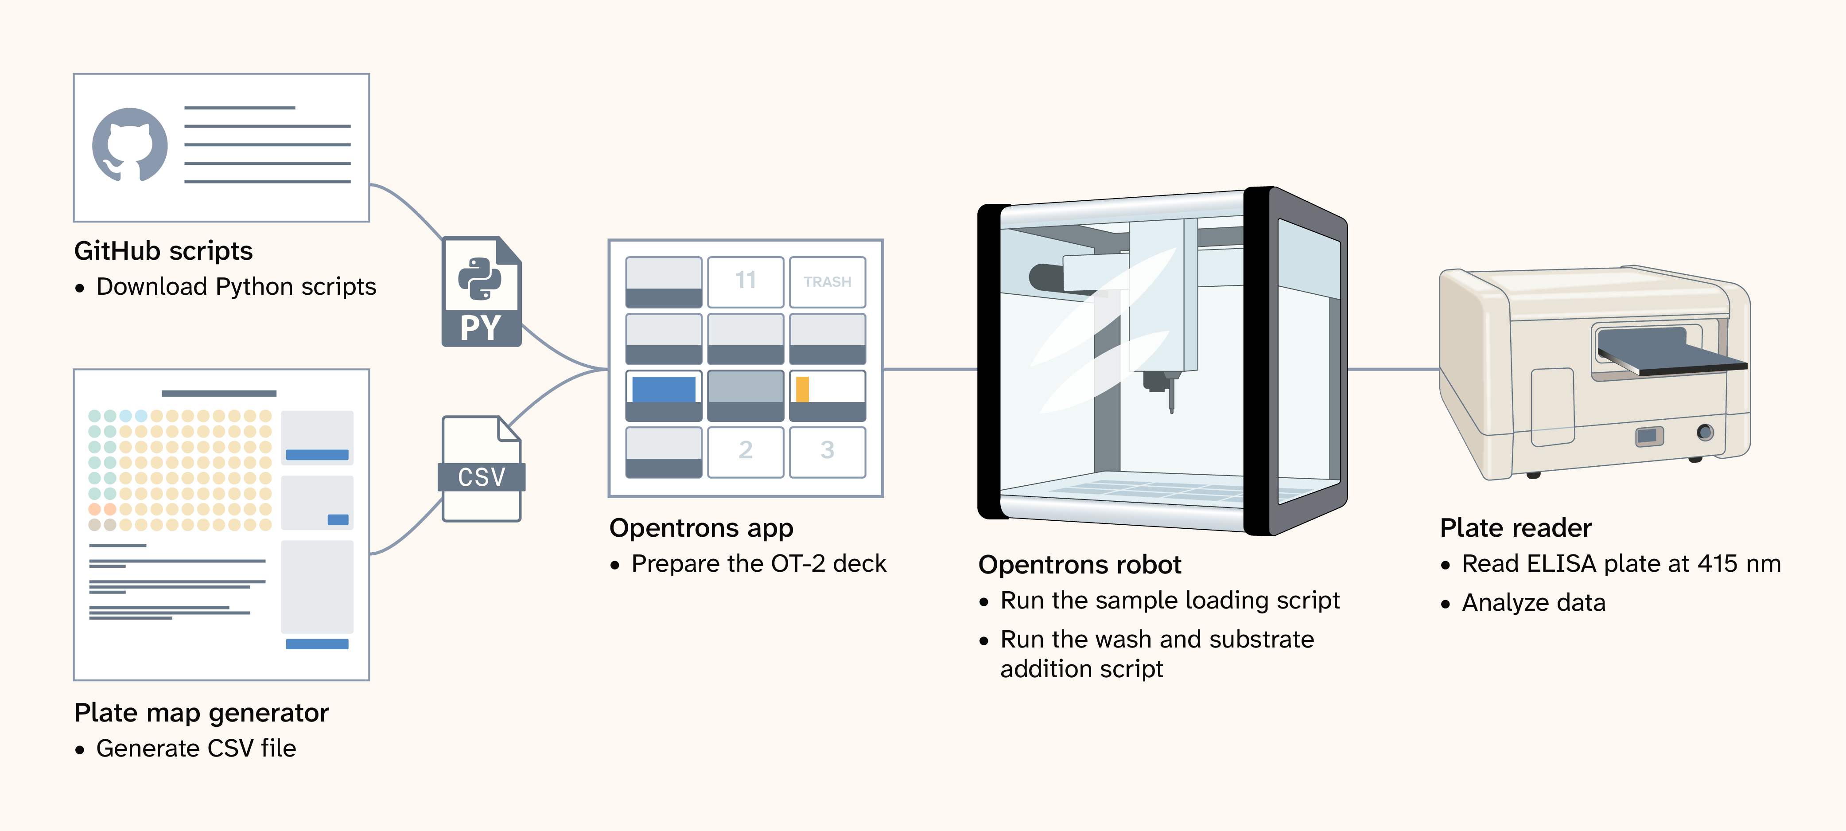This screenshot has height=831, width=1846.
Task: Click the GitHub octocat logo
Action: pos(130,145)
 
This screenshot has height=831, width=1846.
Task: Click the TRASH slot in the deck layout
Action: pos(827,282)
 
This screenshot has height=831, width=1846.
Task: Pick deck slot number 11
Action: pos(745,282)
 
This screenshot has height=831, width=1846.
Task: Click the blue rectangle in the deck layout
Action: pos(664,389)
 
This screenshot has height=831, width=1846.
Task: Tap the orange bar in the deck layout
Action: pos(803,389)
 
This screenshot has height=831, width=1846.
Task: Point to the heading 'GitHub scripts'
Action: pos(163,251)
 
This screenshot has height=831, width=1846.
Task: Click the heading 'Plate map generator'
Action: pos(202,713)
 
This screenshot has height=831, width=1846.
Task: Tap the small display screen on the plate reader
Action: pos(1649,435)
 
